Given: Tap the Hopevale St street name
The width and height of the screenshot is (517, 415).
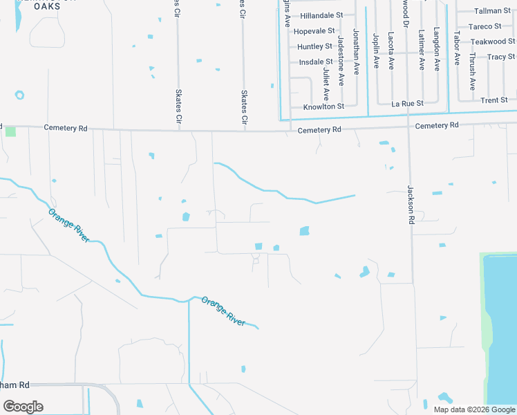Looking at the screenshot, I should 314,31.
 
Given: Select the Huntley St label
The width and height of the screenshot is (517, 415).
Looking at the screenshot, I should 314,46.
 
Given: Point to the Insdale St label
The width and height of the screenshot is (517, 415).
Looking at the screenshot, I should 316,62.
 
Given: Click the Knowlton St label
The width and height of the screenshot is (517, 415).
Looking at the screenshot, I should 323,107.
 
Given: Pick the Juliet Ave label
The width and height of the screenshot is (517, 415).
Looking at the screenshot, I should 326,84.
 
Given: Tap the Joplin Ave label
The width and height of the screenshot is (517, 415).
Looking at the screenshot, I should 376,50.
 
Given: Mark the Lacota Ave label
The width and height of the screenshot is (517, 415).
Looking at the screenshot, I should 391,50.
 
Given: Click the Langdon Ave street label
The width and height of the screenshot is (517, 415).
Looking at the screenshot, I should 437,49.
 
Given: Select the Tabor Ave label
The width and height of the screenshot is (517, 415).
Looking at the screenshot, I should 456,47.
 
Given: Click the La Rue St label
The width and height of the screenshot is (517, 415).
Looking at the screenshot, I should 407,104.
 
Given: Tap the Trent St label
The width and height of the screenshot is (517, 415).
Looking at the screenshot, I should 494,100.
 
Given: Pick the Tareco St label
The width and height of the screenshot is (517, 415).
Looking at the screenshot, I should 485,26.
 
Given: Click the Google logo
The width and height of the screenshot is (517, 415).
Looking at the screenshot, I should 23,407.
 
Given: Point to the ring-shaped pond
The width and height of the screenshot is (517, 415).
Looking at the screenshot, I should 19,95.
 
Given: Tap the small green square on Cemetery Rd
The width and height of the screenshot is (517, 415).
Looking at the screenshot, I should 10,131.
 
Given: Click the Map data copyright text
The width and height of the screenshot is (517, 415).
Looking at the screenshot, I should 473,409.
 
